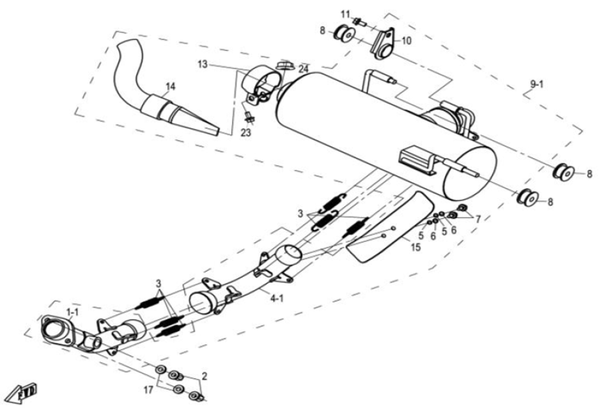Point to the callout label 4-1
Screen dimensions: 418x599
(x=277, y=299)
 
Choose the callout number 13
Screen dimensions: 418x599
(x=202, y=64)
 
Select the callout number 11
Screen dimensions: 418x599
(x=345, y=14)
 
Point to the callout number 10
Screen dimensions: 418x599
(x=406, y=41)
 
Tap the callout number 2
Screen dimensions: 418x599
(x=204, y=376)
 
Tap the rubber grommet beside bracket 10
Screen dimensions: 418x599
(x=344, y=33)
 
